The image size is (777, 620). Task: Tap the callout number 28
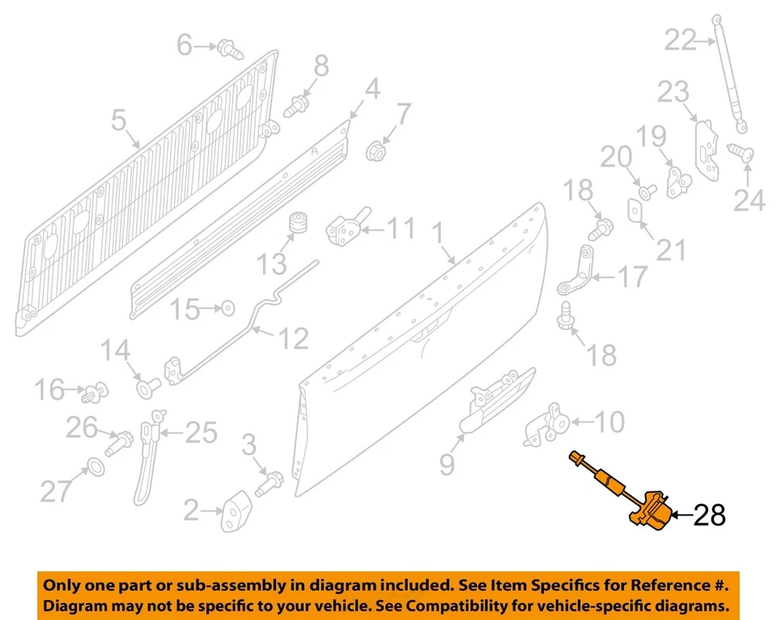[709, 515]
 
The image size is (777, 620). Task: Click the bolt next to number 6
[230, 49]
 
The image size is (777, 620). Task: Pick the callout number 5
[119, 121]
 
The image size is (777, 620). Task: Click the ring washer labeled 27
[93, 467]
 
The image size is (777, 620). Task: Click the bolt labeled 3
[270, 485]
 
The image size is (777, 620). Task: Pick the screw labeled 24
[742, 152]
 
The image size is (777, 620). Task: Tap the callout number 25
[200, 433]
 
